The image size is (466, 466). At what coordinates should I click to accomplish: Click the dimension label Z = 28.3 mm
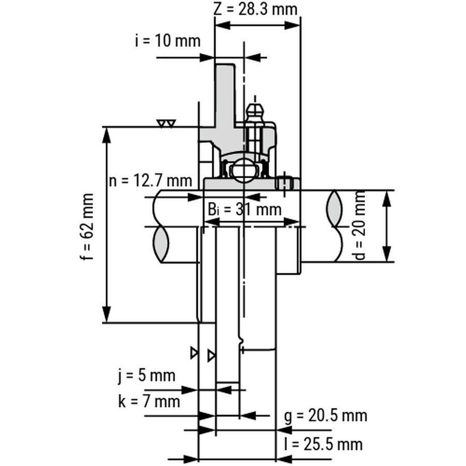255,9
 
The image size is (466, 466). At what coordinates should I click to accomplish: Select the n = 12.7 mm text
150,180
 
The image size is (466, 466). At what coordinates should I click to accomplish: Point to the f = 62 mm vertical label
87,227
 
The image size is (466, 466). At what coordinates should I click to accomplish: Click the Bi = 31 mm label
244,209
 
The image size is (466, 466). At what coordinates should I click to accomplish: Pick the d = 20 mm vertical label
360,225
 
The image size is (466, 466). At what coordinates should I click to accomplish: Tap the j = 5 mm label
147,376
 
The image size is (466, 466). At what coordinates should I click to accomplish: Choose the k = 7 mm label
149,402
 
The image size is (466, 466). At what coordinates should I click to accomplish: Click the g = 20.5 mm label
326,415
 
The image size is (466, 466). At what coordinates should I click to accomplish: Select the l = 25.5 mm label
323,445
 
